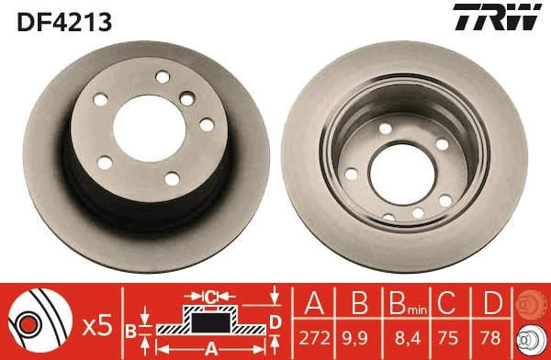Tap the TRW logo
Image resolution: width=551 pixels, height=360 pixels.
pos(494,17)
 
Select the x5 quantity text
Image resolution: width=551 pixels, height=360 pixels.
pos(98,324)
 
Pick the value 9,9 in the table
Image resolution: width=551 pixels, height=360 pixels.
pos(356,339)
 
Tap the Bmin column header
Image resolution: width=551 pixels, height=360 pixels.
pos(404,302)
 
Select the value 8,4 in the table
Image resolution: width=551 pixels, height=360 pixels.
pos(403,339)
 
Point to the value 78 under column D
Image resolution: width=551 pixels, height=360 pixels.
pos(492,339)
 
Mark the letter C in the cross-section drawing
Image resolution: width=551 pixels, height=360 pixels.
pos(209,297)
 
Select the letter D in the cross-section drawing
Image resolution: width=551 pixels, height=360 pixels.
pos(275,321)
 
